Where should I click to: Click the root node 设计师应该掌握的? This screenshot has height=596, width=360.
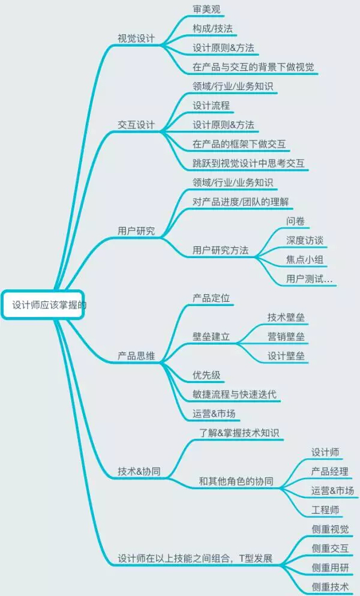tap(46, 305)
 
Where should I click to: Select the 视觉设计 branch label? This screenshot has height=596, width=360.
tap(136, 38)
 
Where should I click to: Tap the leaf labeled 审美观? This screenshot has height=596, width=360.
tap(206, 10)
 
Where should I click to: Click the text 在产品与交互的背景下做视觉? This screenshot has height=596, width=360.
tap(253, 67)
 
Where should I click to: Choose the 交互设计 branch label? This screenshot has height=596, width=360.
tap(136, 125)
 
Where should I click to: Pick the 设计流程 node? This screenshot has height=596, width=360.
tap(211, 106)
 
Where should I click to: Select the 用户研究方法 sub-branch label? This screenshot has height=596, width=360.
tap(220, 250)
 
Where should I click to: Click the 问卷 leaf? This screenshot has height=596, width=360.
tap(296, 221)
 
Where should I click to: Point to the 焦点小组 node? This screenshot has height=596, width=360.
tap(306, 260)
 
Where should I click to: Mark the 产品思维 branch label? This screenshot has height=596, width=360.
tap(136, 356)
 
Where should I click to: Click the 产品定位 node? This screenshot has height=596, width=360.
tap(211, 298)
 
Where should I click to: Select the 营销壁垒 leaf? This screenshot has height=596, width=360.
tap(286, 337)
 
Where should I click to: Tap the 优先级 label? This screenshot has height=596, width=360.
tap(206, 376)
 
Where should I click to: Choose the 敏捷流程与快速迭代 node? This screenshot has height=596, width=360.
tap(234, 395)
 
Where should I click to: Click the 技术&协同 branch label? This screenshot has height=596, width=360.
tap(139, 471)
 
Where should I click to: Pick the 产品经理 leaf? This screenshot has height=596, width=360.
tap(329, 471)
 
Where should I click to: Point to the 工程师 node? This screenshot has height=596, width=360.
tap(325, 510)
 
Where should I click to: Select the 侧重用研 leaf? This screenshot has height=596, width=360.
tap(329, 567)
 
